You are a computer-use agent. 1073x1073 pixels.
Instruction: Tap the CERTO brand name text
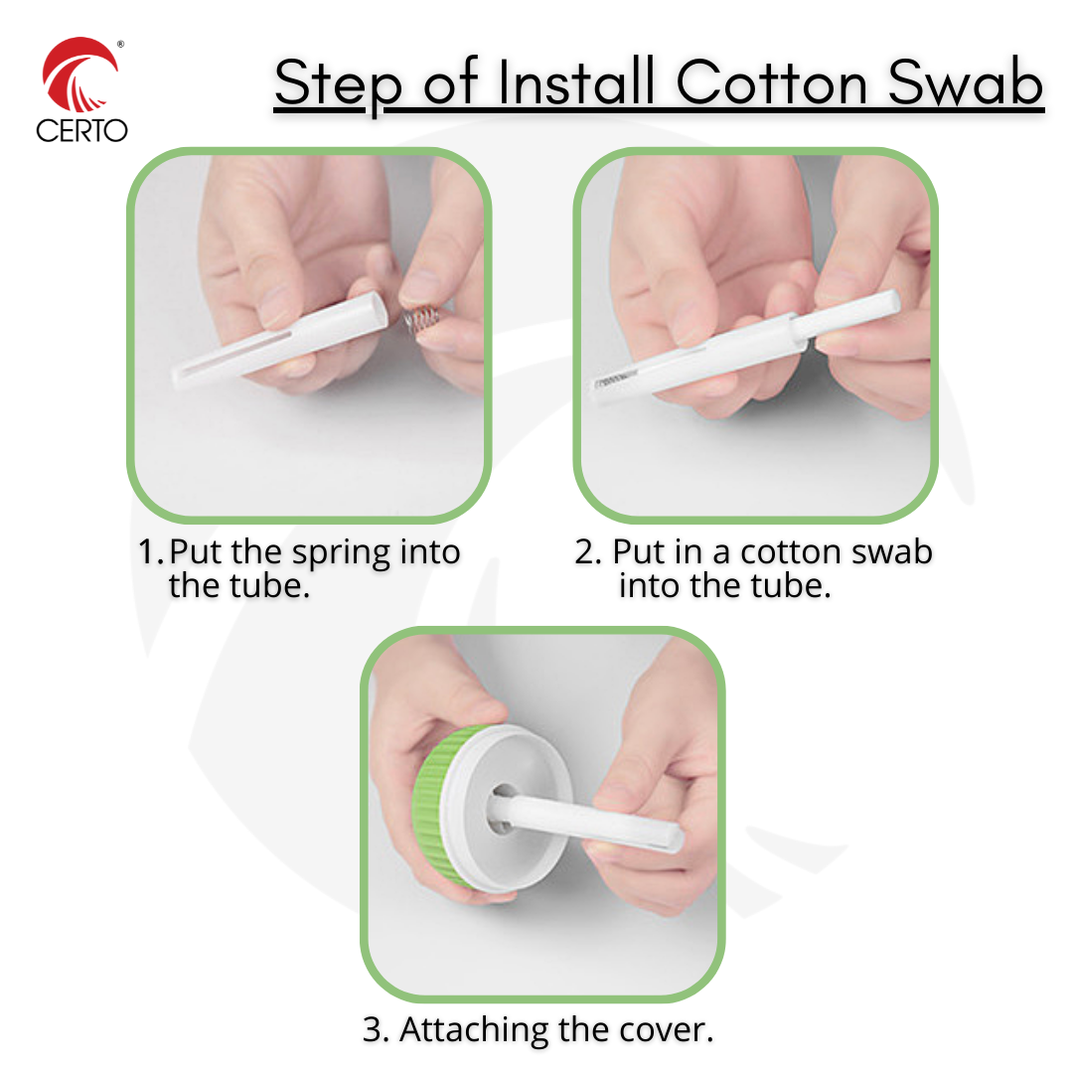coord(82,130)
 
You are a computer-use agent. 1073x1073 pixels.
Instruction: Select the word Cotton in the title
coord(772,82)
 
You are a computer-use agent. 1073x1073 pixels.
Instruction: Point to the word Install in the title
coord(575,82)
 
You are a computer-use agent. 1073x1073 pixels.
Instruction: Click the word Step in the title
coord(338,85)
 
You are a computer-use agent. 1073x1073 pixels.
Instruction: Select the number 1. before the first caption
coord(151,551)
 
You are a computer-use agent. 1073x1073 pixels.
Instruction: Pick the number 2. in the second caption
coord(588,551)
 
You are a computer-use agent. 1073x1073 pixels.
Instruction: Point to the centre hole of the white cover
coord(501,809)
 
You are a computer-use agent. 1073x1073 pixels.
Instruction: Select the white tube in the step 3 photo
coord(588,818)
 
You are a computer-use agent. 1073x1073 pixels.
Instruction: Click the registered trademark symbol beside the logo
coord(121,45)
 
